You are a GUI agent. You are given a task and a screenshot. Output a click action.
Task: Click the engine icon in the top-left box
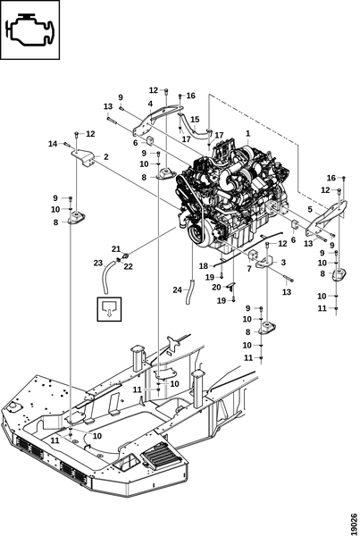click(30, 29)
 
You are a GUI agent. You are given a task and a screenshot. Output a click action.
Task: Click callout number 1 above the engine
click(247, 133)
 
